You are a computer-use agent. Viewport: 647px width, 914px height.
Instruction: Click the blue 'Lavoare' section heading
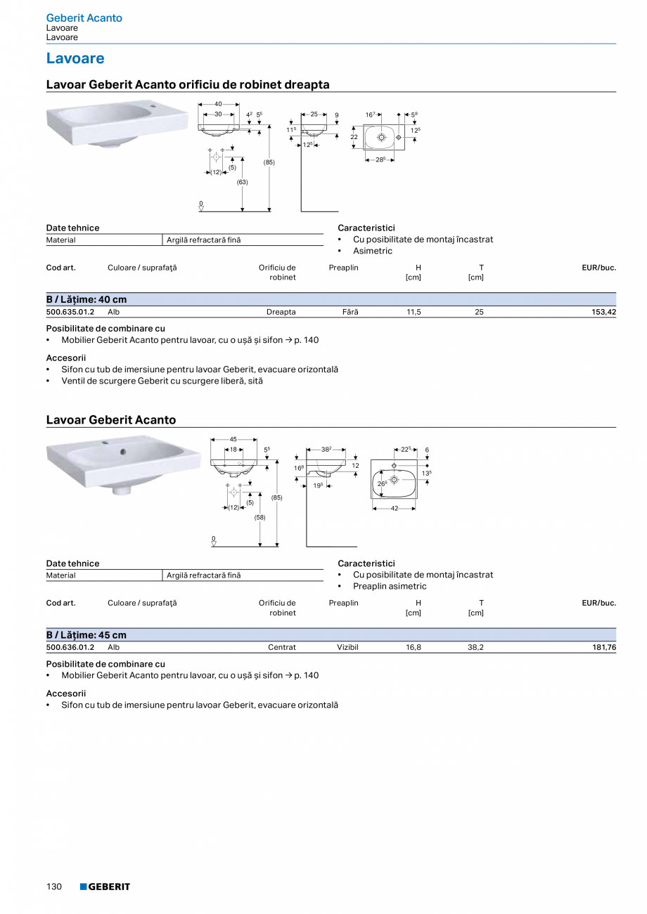pos(75,58)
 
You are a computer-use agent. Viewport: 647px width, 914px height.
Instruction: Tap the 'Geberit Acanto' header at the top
pos(84,18)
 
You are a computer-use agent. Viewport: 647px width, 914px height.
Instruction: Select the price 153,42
pos(602,312)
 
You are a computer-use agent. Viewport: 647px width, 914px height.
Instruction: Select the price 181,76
pos(602,647)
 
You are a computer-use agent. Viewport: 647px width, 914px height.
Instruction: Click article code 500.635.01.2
pos(70,312)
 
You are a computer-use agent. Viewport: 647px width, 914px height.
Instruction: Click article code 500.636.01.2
pos(70,647)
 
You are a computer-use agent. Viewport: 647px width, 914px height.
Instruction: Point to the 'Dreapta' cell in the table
pos(281,312)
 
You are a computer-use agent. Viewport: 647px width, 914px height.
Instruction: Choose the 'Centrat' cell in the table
pos(282,647)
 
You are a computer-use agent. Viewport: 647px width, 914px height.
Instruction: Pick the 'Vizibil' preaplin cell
pos(347,647)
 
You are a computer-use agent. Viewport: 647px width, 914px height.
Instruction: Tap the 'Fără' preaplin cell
pos(350,312)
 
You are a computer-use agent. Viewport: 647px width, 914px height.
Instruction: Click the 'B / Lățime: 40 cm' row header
pos(87,299)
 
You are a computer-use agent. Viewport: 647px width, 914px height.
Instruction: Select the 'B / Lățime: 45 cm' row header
pos(87,635)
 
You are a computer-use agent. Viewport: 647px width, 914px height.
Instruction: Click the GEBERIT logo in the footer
pos(105,887)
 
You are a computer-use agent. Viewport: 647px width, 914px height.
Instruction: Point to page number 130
pos(54,887)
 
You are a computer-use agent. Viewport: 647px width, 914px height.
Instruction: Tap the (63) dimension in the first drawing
pos(242,182)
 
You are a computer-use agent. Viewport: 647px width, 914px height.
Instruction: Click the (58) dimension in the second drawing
pos(260,517)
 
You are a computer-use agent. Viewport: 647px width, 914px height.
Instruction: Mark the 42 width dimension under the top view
pos(395,508)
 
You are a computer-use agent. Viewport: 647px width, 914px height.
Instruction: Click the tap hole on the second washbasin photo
pos(123,452)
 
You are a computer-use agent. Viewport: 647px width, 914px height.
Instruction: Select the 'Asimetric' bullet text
pos(373,251)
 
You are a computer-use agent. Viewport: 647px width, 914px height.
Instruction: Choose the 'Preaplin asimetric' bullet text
pos(390,586)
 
